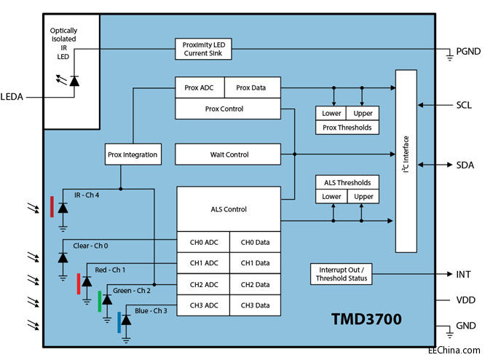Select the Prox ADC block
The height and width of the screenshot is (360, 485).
[200, 87]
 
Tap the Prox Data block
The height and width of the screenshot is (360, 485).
[252, 87]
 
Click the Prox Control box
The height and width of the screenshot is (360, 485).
[227, 109]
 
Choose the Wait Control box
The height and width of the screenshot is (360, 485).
[229, 154]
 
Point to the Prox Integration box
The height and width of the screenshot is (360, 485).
[133, 154]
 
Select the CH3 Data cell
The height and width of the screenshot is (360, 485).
[255, 305]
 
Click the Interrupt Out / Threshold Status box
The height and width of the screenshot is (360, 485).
[341, 273]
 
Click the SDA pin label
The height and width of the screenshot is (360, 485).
[465, 165]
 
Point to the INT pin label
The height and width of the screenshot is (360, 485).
[463, 274]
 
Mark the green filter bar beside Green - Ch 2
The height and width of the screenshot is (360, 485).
[100, 300]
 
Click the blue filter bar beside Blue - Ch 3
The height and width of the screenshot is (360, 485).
[119, 321]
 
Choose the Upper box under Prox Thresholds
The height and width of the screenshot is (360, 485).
[362, 114]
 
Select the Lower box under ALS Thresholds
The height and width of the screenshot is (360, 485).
[331, 197]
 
